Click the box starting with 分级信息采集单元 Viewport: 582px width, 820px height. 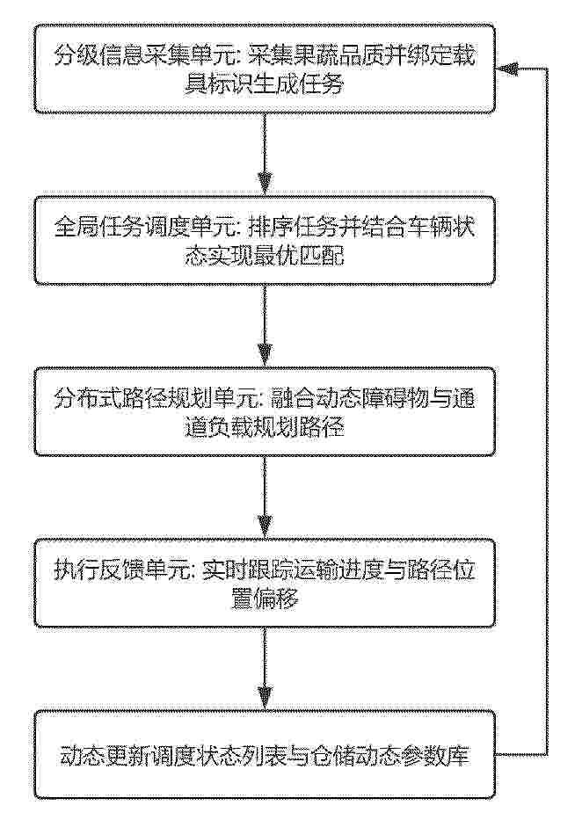pos(265,69)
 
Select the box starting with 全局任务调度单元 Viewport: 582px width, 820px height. pos(265,240)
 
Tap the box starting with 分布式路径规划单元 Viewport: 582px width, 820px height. pos(265,411)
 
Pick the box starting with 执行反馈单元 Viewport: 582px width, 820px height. pos(265,583)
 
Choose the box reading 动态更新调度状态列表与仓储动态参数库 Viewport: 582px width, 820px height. pos(265,755)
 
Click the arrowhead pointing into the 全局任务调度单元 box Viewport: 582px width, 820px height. pos(265,183)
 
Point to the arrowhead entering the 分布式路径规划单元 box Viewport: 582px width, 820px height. pos(265,354)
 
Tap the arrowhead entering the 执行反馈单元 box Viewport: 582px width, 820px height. pos(265,526)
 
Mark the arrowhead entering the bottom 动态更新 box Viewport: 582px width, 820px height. pos(265,698)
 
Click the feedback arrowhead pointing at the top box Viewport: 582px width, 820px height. pos(507,69)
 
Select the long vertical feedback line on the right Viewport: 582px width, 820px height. pos(547,411)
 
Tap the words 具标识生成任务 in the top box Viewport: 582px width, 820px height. pos(265,84)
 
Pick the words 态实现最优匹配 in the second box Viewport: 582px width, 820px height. pos(265,256)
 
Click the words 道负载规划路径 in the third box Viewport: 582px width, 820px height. pos(265,427)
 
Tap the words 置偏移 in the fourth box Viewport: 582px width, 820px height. pos(265,599)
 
